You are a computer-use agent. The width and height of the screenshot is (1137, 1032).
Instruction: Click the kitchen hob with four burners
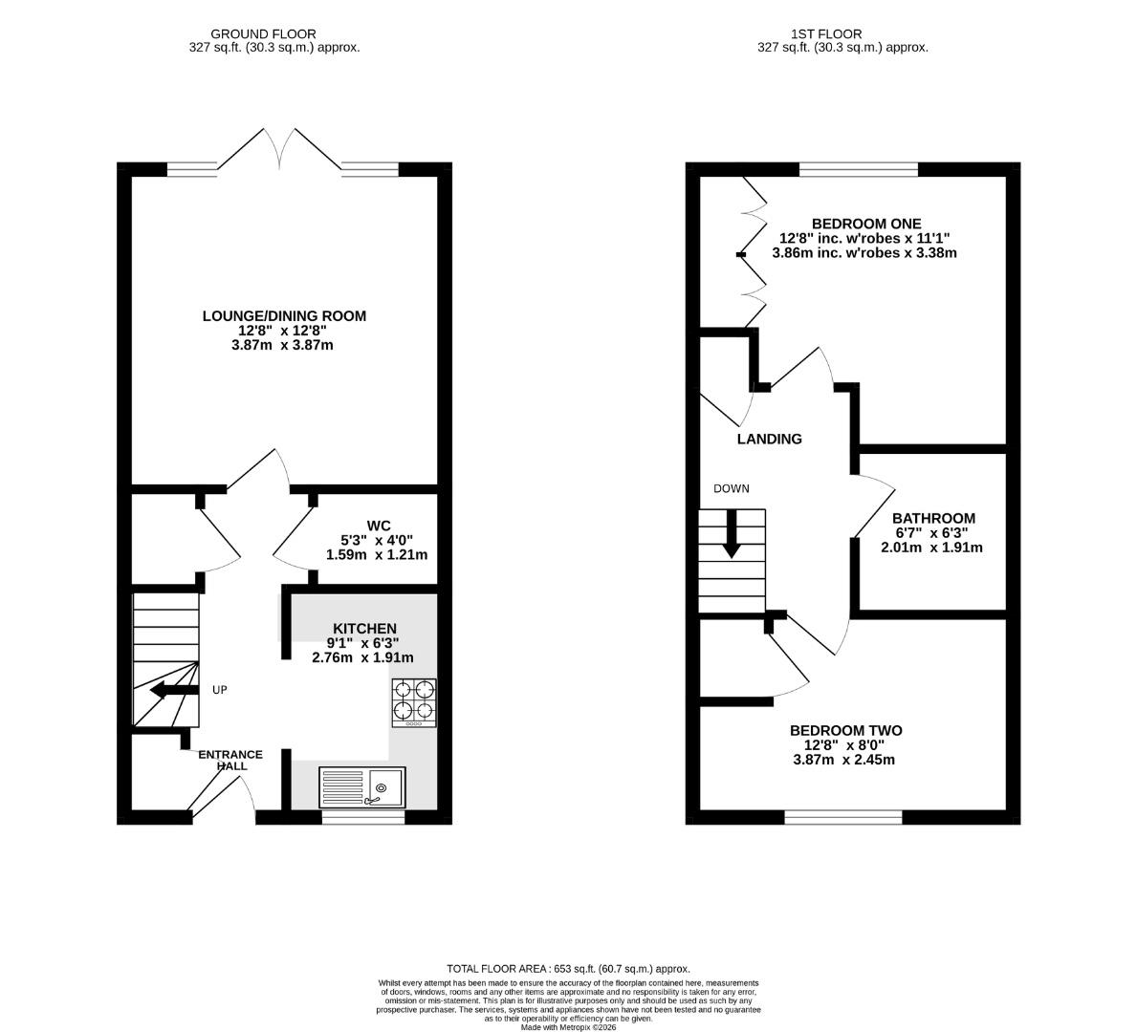click(414, 702)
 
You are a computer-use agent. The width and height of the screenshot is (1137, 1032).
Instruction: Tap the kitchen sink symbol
click(361, 787)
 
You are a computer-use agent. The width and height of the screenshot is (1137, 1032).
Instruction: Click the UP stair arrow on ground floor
click(174, 691)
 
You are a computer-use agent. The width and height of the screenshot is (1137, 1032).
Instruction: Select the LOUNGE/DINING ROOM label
click(284, 316)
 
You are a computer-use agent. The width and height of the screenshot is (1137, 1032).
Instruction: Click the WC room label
click(379, 526)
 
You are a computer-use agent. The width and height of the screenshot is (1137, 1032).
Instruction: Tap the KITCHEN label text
click(364, 629)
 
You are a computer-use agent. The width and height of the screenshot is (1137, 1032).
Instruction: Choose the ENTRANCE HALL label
click(230, 761)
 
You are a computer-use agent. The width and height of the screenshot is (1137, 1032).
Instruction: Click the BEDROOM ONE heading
click(865, 224)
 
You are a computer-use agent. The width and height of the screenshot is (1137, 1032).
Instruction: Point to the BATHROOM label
click(933, 518)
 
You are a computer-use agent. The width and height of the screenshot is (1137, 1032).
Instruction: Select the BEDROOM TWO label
click(845, 730)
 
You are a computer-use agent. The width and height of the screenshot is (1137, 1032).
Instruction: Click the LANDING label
click(770, 439)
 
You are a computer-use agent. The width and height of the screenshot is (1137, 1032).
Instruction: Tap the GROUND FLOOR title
click(263, 34)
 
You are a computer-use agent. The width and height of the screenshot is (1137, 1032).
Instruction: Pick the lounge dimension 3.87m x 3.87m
click(283, 345)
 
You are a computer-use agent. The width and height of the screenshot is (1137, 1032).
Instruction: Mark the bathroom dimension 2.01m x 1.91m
click(931, 548)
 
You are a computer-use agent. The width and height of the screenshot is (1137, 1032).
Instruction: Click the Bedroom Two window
click(843, 818)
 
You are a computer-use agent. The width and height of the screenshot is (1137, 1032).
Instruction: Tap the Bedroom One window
click(859, 169)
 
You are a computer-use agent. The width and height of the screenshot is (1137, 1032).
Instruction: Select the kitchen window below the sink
click(363, 818)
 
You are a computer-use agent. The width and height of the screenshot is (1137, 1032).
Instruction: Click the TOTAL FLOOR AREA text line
click(568, 968)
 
